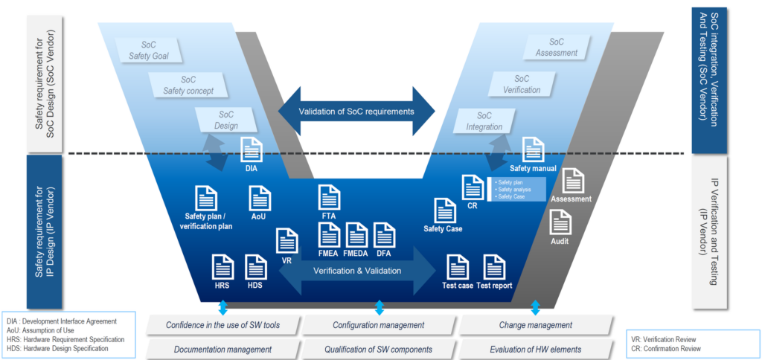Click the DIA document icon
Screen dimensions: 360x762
(250, 149)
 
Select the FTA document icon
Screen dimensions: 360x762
(329, 198)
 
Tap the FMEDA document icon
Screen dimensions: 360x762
(356, 234)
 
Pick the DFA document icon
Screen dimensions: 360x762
(384, 234)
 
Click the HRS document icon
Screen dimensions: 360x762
(222, 267)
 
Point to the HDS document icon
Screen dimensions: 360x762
(255, 267)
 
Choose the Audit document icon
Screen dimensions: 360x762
(560, 222)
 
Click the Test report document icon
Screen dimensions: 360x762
(494, 267)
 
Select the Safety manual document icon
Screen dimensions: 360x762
(533, 150)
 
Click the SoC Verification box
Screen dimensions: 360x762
(522, 84)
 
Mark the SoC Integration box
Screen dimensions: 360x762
(485, 121)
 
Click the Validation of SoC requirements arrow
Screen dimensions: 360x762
(356, 112)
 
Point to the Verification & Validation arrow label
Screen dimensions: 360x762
(357, 271)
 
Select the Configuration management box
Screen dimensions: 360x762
(379, 325)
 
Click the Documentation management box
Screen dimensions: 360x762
(222, 349)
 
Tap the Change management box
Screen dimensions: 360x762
(535, 325)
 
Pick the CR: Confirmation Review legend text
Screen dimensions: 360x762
(665, 348)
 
